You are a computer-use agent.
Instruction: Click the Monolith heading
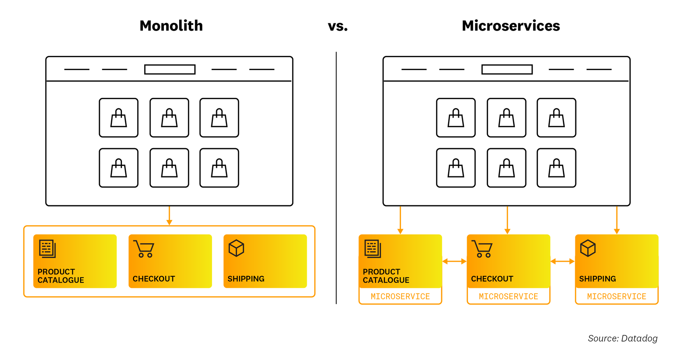click(x=171, y=26)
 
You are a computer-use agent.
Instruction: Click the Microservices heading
click(x=510, y=26)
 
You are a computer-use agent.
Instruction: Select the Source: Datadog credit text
click(x=622, y=338)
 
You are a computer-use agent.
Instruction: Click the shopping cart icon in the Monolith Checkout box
click(x=144, y=249)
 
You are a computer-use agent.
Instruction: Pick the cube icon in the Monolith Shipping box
click(x=236, y=248)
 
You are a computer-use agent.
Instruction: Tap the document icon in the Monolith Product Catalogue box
click(x=47, y=248)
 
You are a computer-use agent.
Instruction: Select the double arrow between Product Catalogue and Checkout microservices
click(x=454, y=261)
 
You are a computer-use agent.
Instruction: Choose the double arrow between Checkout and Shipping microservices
click(x=562, y=261)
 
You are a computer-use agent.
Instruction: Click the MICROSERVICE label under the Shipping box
click(x=616, y=297)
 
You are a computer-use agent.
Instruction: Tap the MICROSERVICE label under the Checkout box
click(x=508, y=297)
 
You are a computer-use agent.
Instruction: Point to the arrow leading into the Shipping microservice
click(x=616, y=220)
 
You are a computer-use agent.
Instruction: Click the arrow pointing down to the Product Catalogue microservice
click(x=400, y=220)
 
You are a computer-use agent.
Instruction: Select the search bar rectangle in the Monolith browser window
click(x=170, y=69)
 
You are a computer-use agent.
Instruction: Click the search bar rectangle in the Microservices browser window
click(x=507, y=69)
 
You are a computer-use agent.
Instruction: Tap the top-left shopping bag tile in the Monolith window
click(x=119, y=118)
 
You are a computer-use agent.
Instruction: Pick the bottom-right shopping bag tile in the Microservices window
click(x=556, y=168)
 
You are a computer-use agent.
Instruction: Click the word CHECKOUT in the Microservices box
click(x=492, y=279)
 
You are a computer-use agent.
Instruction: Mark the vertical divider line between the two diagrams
click(x=336, y=177)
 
